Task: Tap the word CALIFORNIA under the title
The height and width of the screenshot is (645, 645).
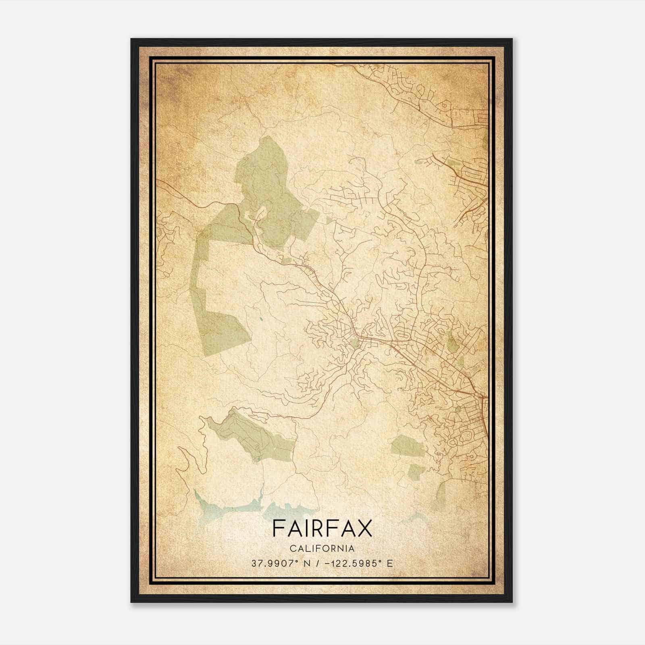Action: [322, 548]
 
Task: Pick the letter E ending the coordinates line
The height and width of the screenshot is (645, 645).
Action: [389, 563]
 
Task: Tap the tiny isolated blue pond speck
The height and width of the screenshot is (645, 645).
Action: [261, 319]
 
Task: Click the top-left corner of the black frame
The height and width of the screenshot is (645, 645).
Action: [131, 39]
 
